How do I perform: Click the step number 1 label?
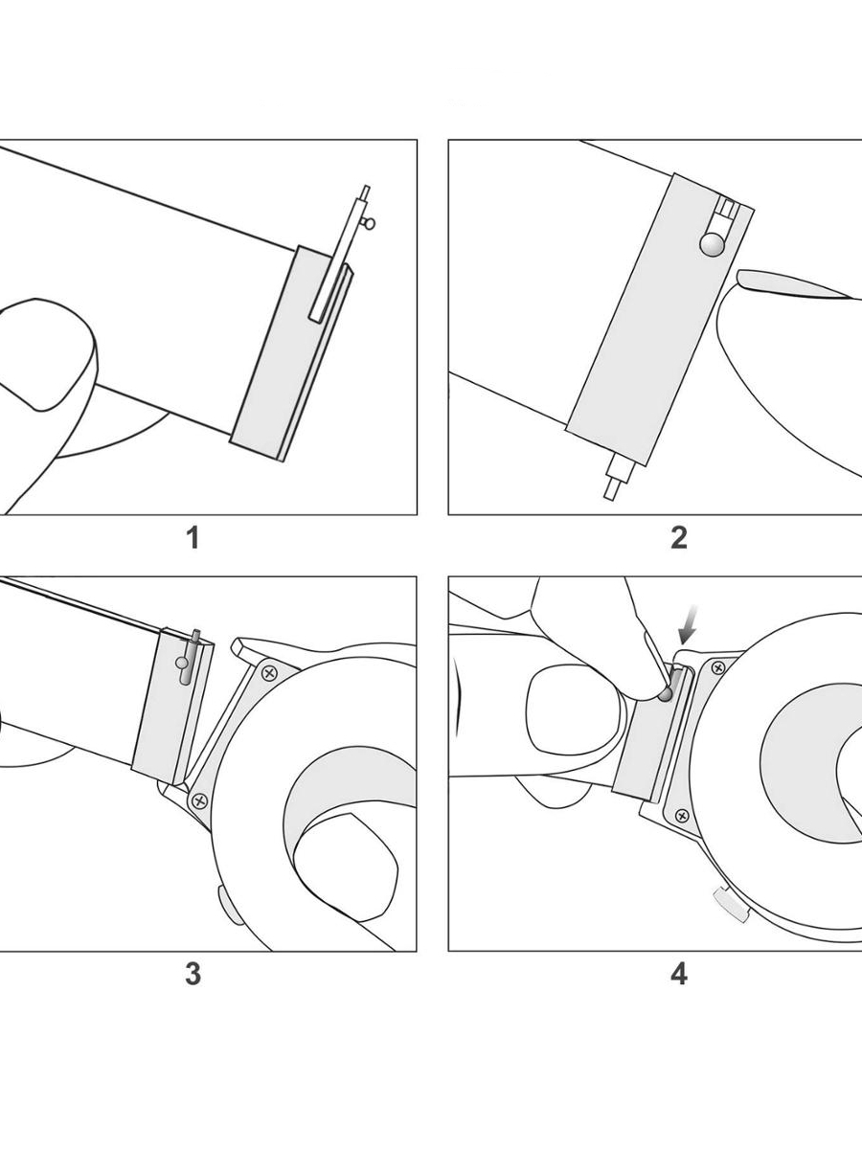pyautogui.click(x=193, y=538)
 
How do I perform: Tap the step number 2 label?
pyautogui.click(x=678, y=538)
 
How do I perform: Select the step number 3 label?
pyautogui.click(x=193, y=974)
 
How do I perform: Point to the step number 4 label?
pyautogui.click(x=678, y=974)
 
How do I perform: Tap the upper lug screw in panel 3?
pyautogui.click(x=270, y=673)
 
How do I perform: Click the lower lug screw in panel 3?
pyautogui.click(x=199, y=801)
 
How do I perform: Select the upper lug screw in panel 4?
pyautogui.click(x=718, y=667)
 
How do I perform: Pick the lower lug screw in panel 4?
pyautogui.click(x=681, y=815)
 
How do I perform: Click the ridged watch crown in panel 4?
pyautogui.click(x=730, y=903)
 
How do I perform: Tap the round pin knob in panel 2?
pyautogui.click(x=712, y=245)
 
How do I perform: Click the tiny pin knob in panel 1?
pyautogui.click(x=371, y=224)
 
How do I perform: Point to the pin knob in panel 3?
pyautogui.click(x=182, y=662)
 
